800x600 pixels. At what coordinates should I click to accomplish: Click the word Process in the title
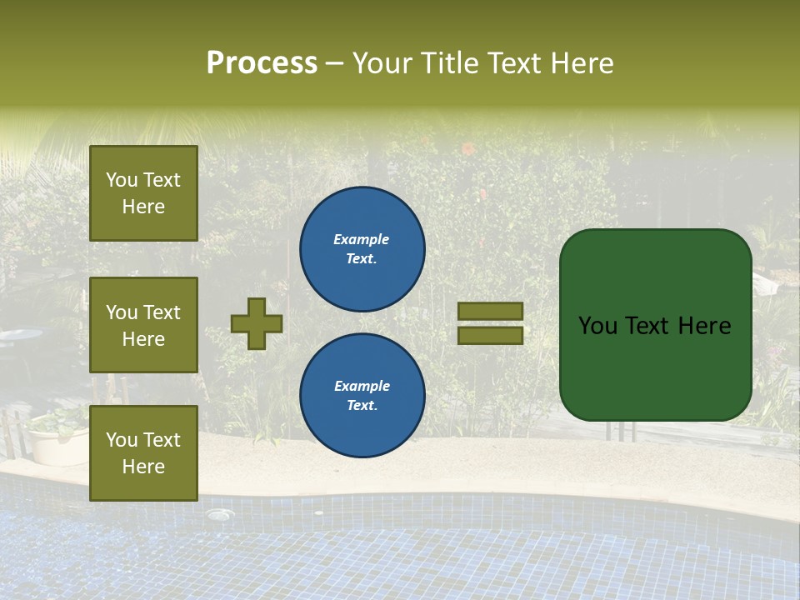262,63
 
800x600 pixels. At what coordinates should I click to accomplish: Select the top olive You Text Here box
143,193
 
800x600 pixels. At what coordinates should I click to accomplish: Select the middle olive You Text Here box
143,325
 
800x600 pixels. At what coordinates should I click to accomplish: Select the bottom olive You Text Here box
143,452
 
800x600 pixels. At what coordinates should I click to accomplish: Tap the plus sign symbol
257,323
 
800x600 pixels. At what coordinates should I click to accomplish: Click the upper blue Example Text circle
362,249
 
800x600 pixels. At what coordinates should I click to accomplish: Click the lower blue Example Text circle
362,395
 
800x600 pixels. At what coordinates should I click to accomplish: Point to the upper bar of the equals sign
490,311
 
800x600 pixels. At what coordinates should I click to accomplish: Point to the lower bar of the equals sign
490,335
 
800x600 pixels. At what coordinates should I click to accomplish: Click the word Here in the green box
704,326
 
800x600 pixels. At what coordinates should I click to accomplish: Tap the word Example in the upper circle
361,239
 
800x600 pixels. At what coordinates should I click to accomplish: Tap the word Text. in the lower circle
362,406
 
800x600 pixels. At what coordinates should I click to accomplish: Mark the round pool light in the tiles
219,515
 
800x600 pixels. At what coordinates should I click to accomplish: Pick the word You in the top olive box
122,180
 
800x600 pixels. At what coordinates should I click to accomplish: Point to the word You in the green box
597,326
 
